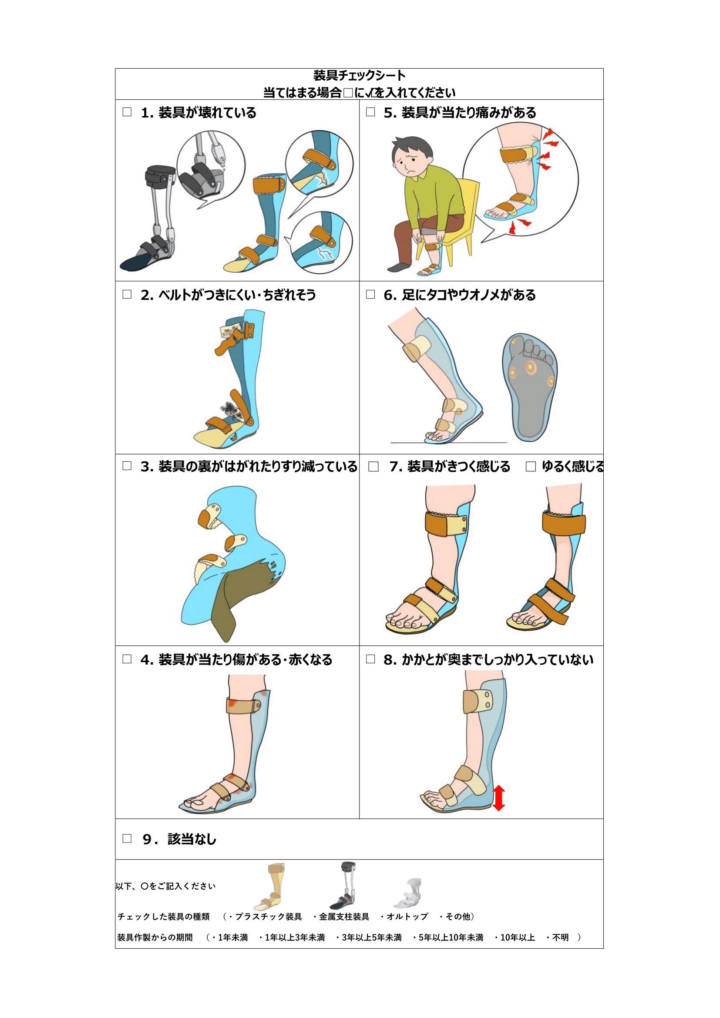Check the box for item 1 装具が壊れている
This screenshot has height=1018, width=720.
(x=127, y=112)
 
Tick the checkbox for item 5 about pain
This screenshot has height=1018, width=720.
(x=370, y=112)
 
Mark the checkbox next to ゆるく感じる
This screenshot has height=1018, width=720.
(x=530, y=467)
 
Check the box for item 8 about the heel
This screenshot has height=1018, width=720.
(x=370, y=659)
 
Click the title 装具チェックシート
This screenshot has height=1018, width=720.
(x=359, y=75)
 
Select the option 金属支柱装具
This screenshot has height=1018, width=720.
(x=343, y=917)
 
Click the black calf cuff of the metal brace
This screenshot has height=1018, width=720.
(x=161, y=177)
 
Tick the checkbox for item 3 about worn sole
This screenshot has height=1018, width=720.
(x=127, y=466)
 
